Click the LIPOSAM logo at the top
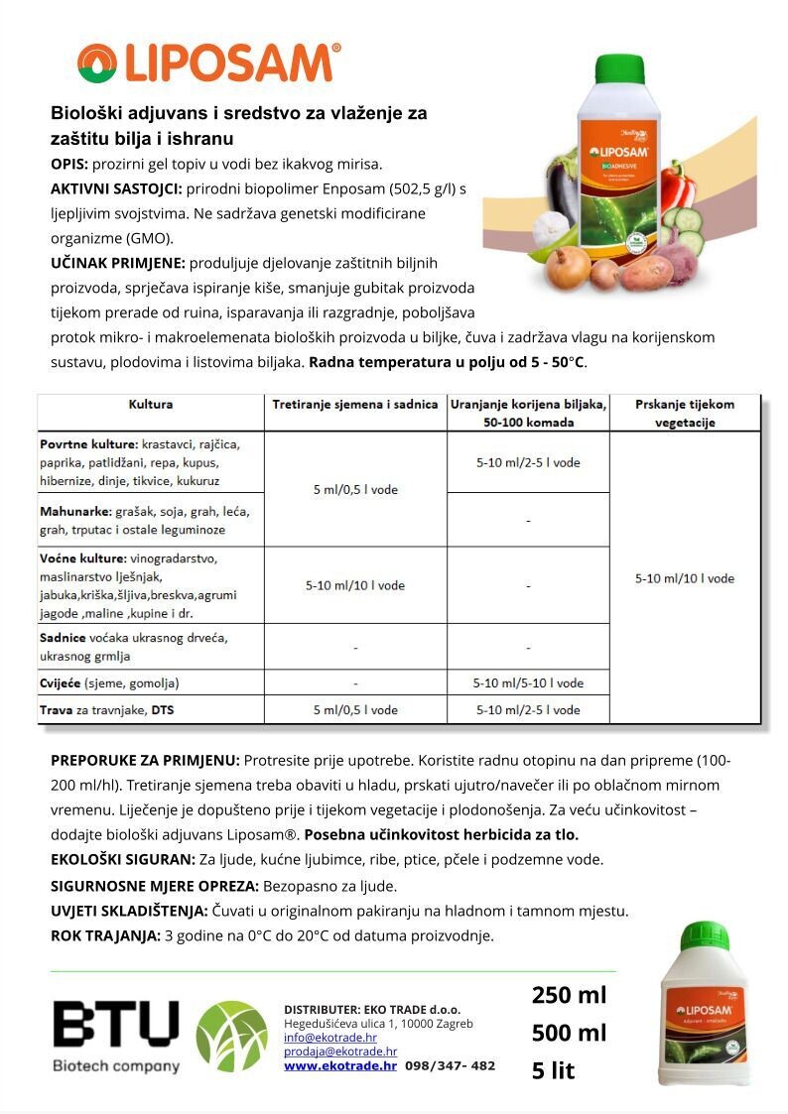(x=209, y=62)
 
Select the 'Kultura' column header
(x=151, y=405)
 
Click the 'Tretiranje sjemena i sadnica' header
(x=355, y=405)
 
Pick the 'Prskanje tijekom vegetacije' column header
(x=685, y=413)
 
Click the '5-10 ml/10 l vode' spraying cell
(x=685, y=578)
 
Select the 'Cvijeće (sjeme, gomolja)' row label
(x=109, y=683)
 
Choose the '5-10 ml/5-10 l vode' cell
(x=528, y=683)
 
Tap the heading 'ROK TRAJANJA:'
(x=105, y=935)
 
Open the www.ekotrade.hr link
(x=340, y=1066)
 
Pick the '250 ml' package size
(x=569, y=995)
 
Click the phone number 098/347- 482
(x=450, y=1066)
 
